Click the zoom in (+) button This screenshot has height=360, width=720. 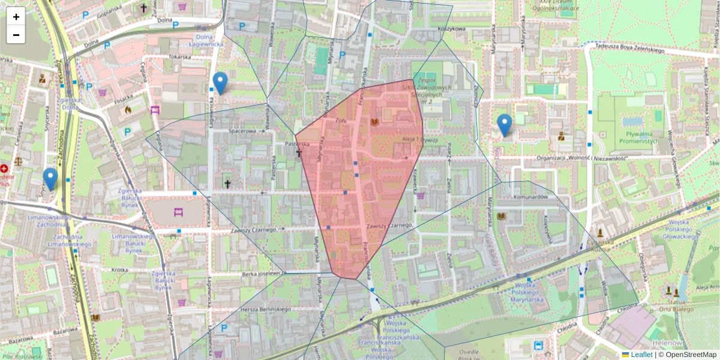point(16,17)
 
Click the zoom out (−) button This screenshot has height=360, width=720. point(16,35)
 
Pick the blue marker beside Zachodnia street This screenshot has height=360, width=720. point(50,179)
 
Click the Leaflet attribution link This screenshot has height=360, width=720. point(641,355)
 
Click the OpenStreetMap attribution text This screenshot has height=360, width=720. point(691,355)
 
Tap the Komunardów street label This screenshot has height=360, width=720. point(531,197)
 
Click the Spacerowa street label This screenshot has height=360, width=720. point(243,130)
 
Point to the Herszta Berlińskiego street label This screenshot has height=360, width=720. point(265,308)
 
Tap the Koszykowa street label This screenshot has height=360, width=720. point(452,29)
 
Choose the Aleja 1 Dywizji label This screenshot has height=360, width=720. point(420,140)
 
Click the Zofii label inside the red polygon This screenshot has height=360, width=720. point(341,121)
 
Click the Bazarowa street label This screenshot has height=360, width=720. point(65,331)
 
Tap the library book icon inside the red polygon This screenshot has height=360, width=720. point(375,122)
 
